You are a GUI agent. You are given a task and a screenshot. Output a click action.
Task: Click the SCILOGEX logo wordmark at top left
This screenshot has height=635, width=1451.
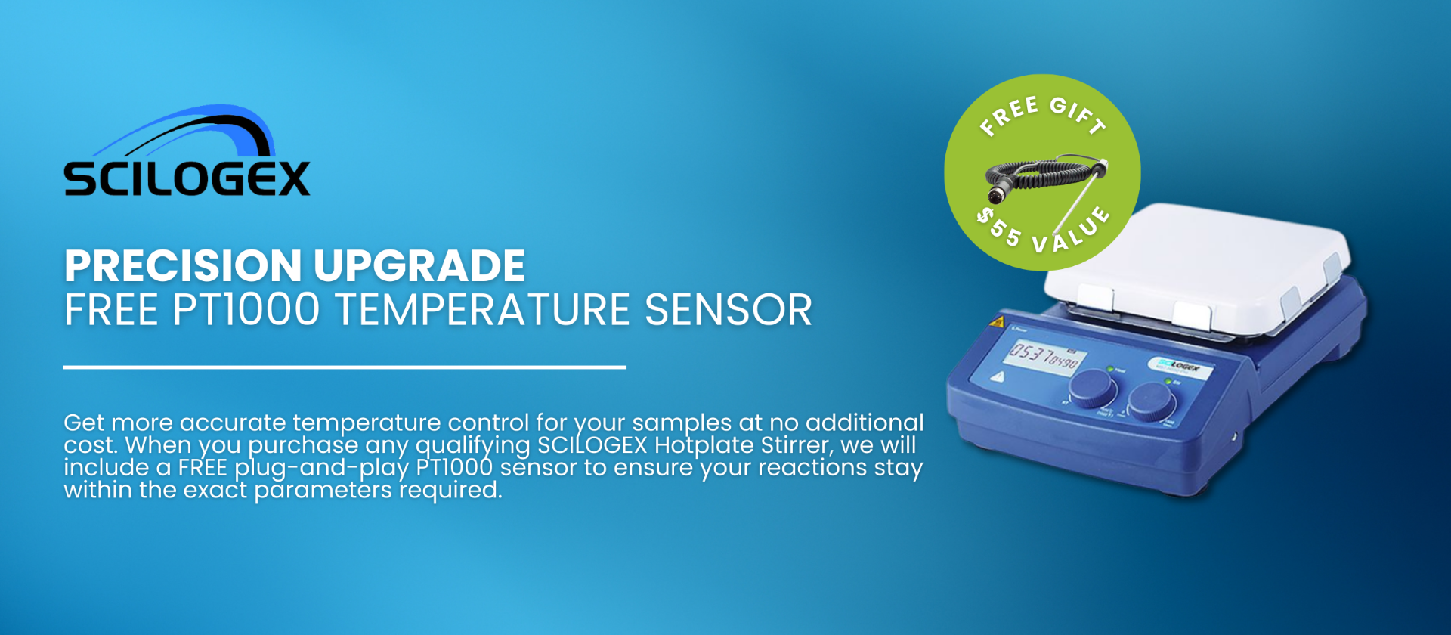[187, 178]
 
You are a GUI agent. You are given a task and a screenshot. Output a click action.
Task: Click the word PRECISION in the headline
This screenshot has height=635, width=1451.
[184, 265]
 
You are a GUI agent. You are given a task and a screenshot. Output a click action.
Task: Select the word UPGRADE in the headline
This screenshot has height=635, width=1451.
[419, 265]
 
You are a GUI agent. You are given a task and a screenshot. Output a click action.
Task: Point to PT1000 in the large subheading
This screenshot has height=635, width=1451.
[246, 310]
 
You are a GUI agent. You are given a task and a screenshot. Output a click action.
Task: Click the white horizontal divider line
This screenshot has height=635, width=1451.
[345, 367]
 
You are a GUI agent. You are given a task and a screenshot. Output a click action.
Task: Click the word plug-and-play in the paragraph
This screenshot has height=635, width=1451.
[322, 467]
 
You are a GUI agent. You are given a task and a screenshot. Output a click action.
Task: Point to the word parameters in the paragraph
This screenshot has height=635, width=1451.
[323, 490]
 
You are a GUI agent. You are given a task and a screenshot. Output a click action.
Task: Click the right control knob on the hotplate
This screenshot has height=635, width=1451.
[1152, 399]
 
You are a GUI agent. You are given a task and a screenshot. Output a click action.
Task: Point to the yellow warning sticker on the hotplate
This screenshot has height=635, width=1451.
[998, 322]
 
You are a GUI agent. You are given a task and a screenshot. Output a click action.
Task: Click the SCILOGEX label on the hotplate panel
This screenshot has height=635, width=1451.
[1180, 367]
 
